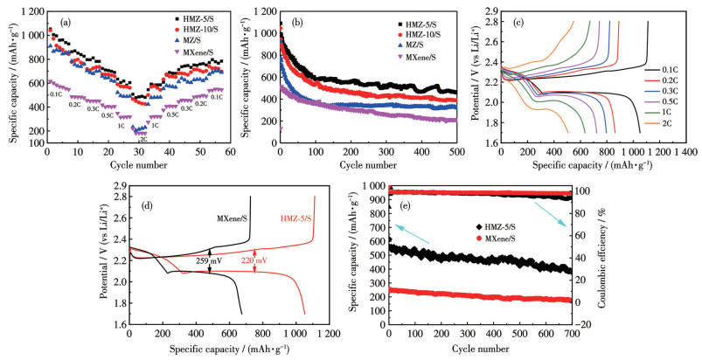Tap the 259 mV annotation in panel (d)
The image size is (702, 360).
(x=226, y=260)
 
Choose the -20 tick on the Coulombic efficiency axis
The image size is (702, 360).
(x=571, y=324)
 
